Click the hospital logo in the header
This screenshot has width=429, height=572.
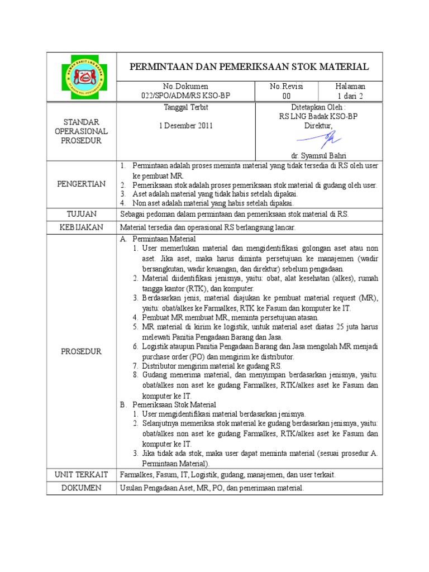pos(82,77)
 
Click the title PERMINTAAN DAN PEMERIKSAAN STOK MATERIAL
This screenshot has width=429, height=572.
pos(249,67)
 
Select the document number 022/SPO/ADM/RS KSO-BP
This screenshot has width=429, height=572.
pos(185,96)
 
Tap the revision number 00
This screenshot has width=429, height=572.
pos(287,96)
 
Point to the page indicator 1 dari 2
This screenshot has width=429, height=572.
pos(350,96)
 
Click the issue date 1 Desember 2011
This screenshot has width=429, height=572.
pos(185,126)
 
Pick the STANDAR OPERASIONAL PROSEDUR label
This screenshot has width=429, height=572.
pos(82,131)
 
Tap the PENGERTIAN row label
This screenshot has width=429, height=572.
pos(82,184)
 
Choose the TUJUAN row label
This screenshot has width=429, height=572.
pos(82,214)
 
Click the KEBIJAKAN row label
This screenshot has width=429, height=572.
pos(82,227)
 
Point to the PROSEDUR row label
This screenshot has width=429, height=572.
pos(82,351)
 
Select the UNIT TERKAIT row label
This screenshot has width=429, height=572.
pos(82,474)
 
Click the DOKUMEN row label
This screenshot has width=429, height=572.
pos(82,488)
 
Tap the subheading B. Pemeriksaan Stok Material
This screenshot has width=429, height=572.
pos(168,404)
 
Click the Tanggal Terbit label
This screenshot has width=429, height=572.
pos(185,107)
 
